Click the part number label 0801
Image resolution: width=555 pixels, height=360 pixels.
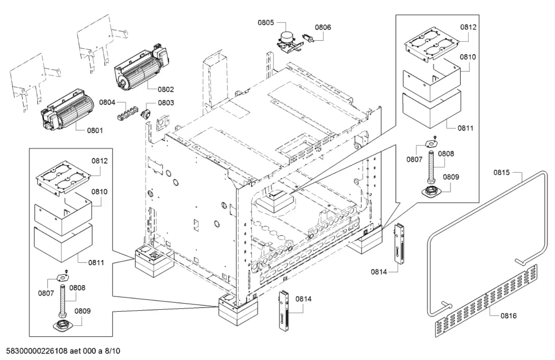[x=95, y=130]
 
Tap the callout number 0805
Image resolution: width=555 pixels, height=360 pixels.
[x=266, y=23]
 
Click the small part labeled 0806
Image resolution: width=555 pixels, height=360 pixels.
[x=308, y=38]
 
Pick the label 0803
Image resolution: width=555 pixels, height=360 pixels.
[x=166, y=103]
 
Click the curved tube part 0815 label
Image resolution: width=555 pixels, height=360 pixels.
[x=501, y=173]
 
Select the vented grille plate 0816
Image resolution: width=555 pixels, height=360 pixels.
[x=486, y=300]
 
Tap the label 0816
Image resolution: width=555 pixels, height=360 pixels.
[x=508, y=316]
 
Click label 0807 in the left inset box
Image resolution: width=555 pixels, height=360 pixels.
[x=46, y=294]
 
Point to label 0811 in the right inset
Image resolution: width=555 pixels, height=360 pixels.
[x=465, y=128]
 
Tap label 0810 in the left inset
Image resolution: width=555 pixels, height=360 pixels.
[x=99, y=192]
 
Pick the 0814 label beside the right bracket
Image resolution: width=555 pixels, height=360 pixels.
[x=379, y=271]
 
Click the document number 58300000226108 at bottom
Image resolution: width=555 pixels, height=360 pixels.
[x=38, y=351]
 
